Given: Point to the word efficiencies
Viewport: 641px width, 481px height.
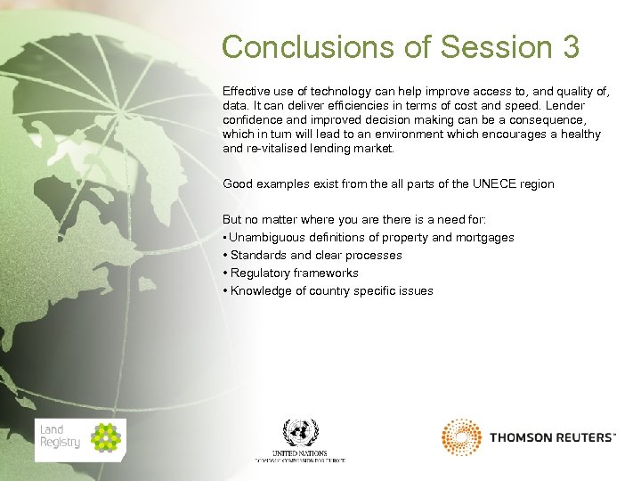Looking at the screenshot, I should tap(341, 106).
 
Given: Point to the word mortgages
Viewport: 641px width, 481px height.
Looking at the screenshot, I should tap(484, 238).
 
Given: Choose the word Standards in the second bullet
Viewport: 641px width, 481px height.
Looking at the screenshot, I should tap(259, 256).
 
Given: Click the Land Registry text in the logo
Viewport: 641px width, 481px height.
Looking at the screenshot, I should tap(60, 436).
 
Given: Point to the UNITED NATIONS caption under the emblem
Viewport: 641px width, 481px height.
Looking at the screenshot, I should tap(300, 453).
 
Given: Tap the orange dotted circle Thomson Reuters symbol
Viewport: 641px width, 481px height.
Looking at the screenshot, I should tap(461, 437).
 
